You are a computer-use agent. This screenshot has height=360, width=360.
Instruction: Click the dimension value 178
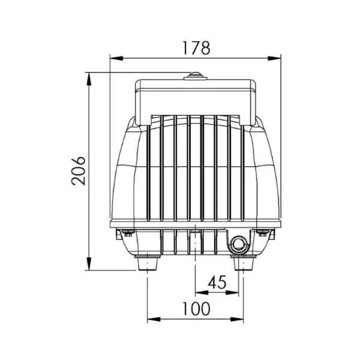196,48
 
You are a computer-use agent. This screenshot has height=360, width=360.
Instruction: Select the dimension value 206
78,171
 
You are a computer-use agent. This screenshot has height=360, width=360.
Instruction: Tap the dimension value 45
217,282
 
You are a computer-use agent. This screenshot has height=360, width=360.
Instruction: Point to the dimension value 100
196,309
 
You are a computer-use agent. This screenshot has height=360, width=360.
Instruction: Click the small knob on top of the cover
196,76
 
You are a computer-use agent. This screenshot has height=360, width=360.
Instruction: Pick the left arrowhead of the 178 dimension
116,58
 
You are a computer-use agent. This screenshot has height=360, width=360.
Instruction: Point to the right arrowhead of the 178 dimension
274,58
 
